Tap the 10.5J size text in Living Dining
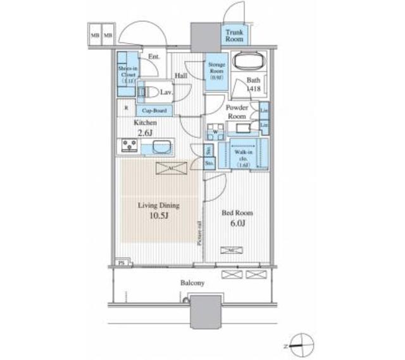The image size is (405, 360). [x=159, y=216]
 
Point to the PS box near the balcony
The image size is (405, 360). [x=121, y=263]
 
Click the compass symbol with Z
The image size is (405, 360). [x=302, y=345]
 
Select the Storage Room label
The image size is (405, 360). [x=215, y=70]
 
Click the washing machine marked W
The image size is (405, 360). [x=215, y=132]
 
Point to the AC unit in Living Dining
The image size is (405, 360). [x=171, y=168]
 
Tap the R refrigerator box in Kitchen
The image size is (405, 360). [x=127, y=107]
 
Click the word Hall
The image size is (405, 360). [x=181, y=76]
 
